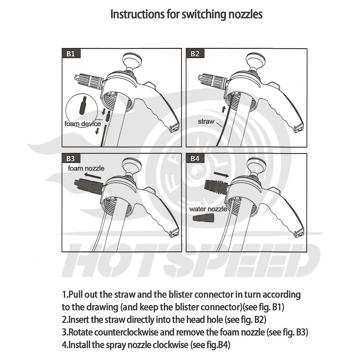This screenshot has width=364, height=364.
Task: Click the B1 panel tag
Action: pos(71,54)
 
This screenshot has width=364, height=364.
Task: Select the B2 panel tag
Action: pos(195,54)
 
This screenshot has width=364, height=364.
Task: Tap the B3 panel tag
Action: pos(71,158)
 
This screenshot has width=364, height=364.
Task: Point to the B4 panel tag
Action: pos(195,158)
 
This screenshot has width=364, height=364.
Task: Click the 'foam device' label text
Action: pos(83,124)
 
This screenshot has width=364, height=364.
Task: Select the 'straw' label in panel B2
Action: pos(206,122)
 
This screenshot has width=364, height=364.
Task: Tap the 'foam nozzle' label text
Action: pos(86,168)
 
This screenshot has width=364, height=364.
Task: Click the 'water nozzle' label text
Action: pos(208,209)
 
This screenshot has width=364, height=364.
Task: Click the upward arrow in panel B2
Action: pos(223,109)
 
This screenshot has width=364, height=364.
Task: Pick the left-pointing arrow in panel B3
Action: pos(92,176)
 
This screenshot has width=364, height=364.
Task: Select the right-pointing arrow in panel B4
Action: pos(221,174)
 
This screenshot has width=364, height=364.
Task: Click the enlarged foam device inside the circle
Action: pos(83,105)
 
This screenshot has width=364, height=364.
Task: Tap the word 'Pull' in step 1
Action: pos(76,294)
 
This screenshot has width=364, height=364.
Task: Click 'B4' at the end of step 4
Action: pos(224,345)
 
